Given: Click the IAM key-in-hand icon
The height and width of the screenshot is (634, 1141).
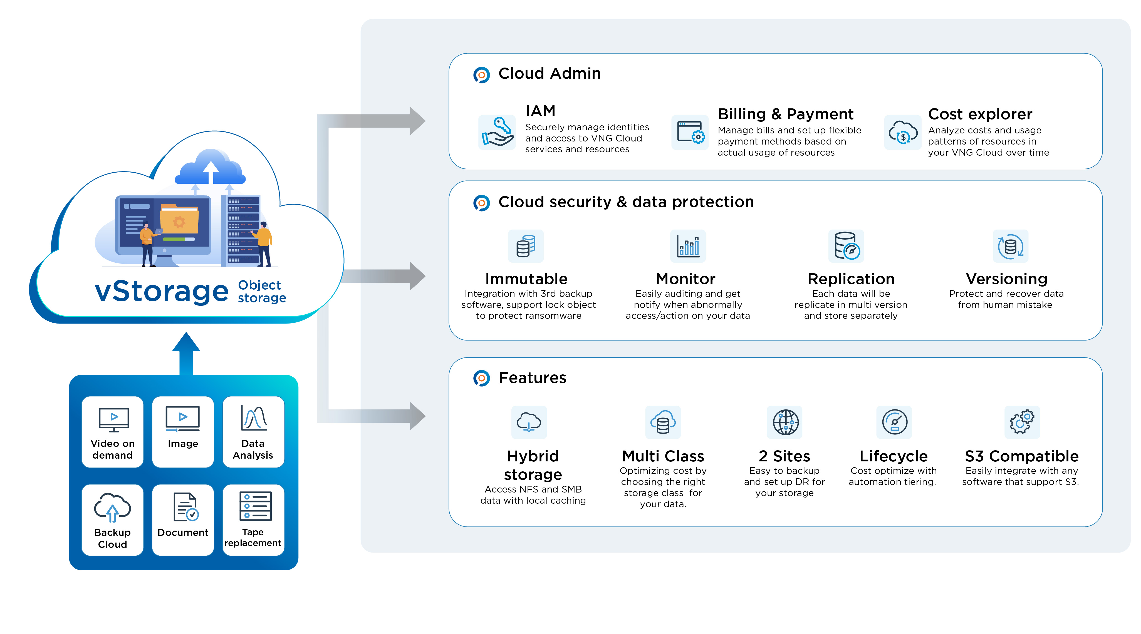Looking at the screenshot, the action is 497,132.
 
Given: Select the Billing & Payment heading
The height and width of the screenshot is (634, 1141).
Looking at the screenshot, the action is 785,114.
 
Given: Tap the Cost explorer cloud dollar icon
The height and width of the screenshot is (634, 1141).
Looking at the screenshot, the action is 903,132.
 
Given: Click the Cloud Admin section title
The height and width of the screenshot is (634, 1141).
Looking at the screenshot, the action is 549,73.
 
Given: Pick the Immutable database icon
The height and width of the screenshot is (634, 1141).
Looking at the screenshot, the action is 526,246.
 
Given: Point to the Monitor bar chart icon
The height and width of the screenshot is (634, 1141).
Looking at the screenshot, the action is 688,246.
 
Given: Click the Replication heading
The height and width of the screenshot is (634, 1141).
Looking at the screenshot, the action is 851,279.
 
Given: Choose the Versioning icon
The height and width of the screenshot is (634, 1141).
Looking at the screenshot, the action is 1010,246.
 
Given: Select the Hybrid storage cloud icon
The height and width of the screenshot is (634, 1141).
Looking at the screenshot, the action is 529,422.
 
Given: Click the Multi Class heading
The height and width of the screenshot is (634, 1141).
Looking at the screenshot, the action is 663,456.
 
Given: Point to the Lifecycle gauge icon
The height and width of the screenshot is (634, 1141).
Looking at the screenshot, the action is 894,422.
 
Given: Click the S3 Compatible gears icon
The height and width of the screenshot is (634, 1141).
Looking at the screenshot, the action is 1022,422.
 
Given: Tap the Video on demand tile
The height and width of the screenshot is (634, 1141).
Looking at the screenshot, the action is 113,432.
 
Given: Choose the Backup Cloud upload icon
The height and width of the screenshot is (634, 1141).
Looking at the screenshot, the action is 113,507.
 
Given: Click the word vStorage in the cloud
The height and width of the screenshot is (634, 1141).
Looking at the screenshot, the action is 162,291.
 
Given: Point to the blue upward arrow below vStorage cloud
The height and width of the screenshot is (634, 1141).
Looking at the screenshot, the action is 186,353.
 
